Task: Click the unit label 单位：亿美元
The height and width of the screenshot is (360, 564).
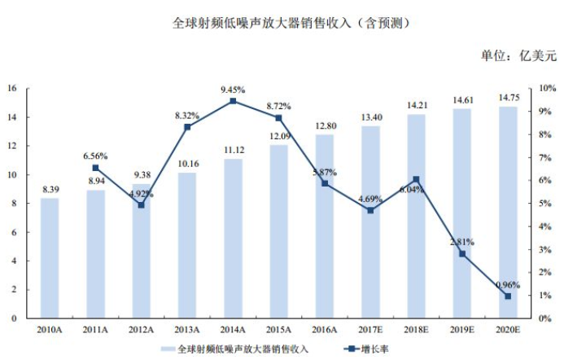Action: pos(518,56)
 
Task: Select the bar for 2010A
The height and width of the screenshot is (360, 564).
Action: pos(50,258)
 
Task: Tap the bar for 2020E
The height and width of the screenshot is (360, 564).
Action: pos(508,213)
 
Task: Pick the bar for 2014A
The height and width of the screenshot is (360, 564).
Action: pos(233,239)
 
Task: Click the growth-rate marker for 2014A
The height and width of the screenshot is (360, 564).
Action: pos(233,101)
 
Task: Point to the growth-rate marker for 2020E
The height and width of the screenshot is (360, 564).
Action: pos(508,296)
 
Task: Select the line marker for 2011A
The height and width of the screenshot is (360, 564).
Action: pos(95,168)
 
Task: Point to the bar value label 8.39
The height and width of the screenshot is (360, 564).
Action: pos(50,190)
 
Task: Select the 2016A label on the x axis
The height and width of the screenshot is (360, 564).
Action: pos(325,330)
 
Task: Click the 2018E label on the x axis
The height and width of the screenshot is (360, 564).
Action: pos(416,330)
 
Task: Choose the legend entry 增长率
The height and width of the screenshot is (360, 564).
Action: pos(370,349)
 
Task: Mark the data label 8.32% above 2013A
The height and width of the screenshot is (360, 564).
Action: pos(188,116)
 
